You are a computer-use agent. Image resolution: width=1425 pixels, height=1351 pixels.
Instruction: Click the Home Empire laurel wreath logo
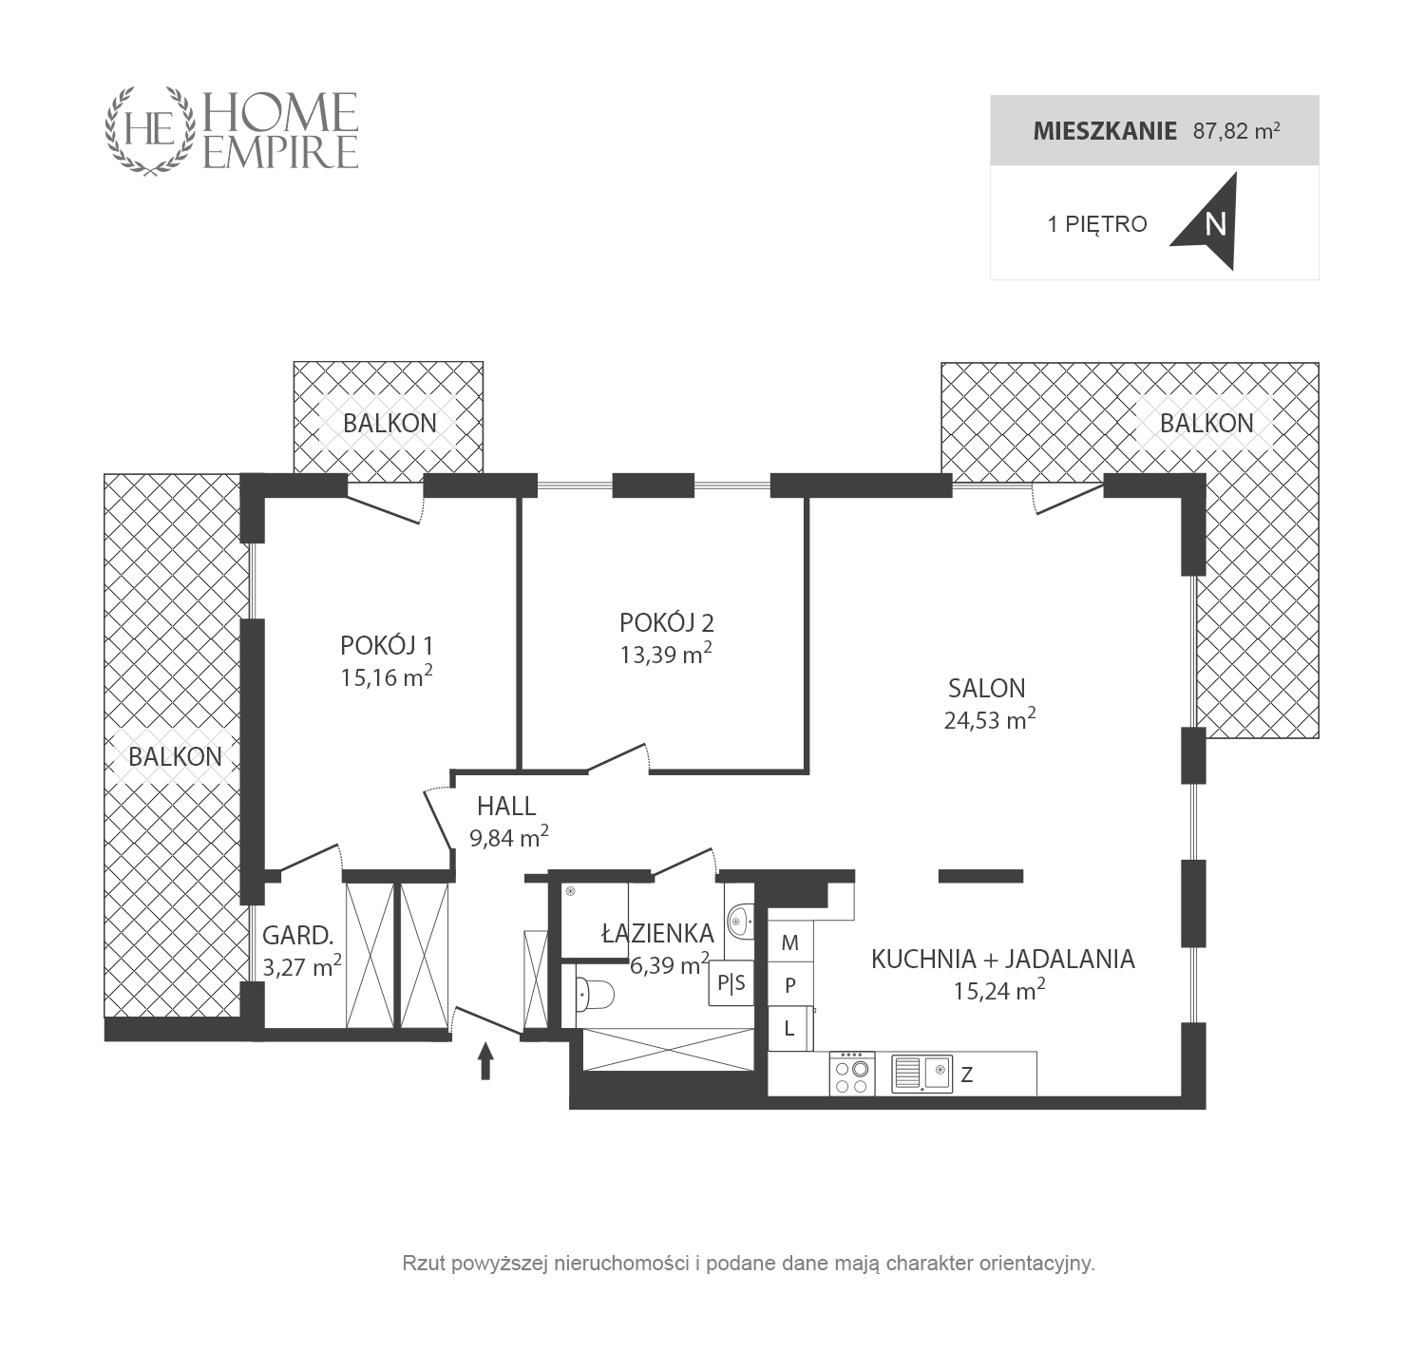[150, 131]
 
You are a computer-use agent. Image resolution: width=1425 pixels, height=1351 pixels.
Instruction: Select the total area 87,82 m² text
[1236, 131]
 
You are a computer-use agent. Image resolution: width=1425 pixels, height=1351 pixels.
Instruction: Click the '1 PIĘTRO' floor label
[1096, 224]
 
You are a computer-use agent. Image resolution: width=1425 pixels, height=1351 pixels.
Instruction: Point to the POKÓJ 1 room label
[387, 645]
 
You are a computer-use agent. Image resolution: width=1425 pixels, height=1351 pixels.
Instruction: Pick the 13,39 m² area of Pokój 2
[665, 654]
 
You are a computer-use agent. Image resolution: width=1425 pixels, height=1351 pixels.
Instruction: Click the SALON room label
[986, 688]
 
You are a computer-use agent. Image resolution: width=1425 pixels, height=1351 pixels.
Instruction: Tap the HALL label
[506, 807]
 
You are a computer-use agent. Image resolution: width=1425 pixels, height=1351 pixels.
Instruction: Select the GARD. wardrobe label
[297, 936]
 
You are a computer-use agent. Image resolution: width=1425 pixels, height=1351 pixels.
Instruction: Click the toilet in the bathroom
[595, 994]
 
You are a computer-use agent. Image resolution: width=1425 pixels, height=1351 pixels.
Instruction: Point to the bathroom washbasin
[740, 921]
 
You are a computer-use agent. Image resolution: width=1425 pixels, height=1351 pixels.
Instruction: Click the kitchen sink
[921, 1074]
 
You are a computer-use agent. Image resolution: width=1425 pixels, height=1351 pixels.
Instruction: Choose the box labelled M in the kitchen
[790, 942]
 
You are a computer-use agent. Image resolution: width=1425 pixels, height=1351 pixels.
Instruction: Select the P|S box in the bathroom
[731, 983]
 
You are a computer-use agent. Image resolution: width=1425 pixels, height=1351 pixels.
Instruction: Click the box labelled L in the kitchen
[790, 1028]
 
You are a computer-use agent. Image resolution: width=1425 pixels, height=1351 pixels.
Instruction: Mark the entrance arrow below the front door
[484, 1060]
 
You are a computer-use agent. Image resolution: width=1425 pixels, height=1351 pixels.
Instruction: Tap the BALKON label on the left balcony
[175, 757]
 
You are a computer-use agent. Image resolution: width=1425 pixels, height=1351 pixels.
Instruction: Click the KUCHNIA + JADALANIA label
[1002, 960]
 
